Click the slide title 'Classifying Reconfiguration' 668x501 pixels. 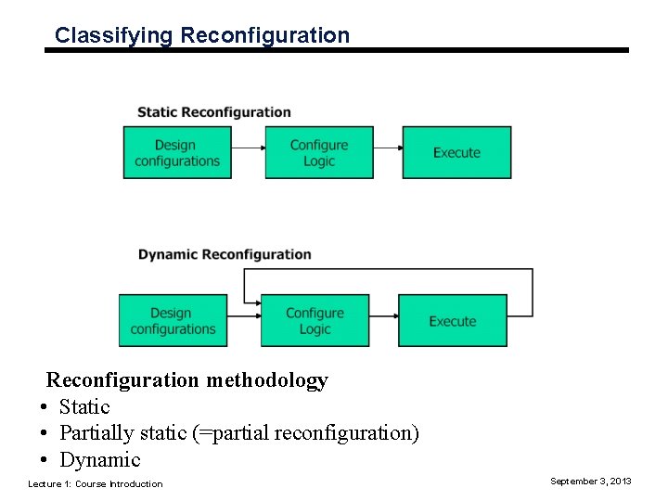(201, 35)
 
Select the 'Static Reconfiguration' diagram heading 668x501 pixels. (213, 112)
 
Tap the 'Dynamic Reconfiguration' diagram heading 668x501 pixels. (225, 254)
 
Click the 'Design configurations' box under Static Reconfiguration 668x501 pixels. (177, 153)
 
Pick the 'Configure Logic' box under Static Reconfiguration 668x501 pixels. (319, 153)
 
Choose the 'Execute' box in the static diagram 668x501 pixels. (456, 153)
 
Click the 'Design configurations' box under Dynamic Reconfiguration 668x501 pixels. (173, 321)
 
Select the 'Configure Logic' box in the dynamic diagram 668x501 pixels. (315, 321)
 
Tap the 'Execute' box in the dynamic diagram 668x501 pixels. (453, 321)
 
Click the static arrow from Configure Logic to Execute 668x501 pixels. (388, 148)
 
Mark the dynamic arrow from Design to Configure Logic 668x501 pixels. (243, 317)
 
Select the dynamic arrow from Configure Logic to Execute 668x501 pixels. (383, 317)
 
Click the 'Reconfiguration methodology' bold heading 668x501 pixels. (187, 380)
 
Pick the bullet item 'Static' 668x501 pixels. (84, 407)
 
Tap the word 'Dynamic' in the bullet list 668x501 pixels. (99, 460)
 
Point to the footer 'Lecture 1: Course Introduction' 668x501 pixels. (95, 483)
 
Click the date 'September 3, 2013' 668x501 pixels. (590, 481)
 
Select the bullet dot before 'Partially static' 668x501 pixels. (44, 433)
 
